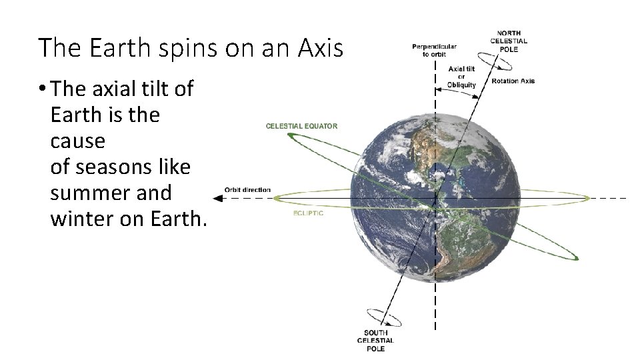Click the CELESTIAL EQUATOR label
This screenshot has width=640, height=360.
301,126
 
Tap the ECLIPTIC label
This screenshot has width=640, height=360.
308,213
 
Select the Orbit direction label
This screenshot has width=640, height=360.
247,190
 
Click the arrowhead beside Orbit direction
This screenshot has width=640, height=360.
217,198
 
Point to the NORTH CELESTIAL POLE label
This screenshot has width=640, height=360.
509,40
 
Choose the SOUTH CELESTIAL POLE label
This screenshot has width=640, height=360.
375,341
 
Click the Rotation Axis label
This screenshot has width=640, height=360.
513,81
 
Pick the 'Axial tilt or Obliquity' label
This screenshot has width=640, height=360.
462,77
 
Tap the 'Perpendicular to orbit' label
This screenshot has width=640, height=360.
434,50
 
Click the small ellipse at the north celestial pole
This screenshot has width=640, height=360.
495,59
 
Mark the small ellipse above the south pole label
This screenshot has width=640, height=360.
385,318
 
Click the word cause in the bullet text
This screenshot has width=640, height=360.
77,141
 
